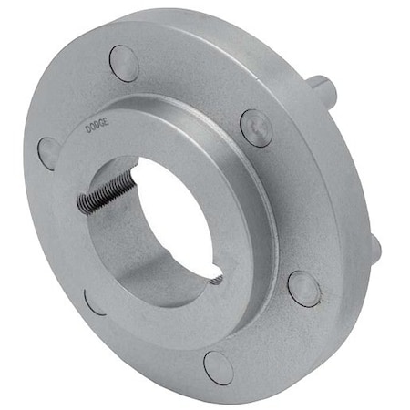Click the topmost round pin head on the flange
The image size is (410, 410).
coord(124,64)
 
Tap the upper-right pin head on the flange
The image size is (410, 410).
coord(256,128)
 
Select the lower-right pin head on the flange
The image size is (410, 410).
coord(303,288)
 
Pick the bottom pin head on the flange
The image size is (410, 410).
coord(219,366)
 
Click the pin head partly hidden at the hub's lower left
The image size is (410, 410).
coord(93,301)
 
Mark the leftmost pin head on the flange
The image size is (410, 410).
coord(49,153)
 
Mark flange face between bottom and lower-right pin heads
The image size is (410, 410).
coord(269,337)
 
